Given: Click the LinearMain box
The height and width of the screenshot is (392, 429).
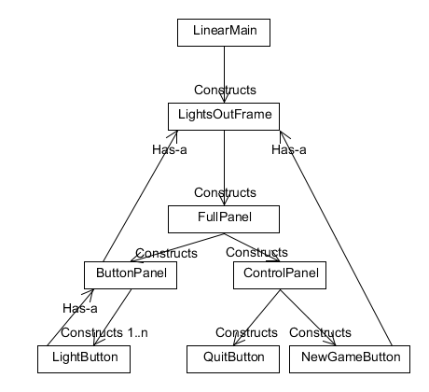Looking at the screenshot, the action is tap(224, 33).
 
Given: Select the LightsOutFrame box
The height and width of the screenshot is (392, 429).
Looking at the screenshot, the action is tap(224, 117).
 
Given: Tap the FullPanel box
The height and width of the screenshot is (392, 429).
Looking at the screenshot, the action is tap(224, 219).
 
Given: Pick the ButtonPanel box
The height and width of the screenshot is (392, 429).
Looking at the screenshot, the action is tap(131, 275).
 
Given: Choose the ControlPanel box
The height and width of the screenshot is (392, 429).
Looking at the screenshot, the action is tap(280, 275).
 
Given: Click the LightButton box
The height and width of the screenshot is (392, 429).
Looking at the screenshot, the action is tap(84, 359).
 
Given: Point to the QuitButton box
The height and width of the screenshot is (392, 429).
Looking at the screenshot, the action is tap(233, 359).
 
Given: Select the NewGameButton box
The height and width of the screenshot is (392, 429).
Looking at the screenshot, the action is tap(350, 359).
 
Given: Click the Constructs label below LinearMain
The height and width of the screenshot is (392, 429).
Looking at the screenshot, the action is tap(225, 90).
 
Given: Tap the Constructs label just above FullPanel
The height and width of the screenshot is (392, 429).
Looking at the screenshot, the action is tap(225, 192).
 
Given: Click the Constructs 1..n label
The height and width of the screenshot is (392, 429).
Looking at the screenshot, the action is tap(104, 332).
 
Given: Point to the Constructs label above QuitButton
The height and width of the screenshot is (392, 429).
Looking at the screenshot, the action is tap(246, 332).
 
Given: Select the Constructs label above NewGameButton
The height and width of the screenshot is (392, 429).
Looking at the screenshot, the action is tap(320, 332).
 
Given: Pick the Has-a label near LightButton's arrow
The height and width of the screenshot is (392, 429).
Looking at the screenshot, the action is tap(80, 308).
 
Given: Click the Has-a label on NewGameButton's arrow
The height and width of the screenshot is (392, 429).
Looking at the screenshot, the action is tap(289, 149).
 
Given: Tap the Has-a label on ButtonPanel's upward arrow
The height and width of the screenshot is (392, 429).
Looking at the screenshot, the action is tap(170, 149).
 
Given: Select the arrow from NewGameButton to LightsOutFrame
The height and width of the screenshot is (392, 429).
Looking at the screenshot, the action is tap(336, 238).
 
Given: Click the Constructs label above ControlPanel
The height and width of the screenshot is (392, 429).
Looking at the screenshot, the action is tap(256, 252).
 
